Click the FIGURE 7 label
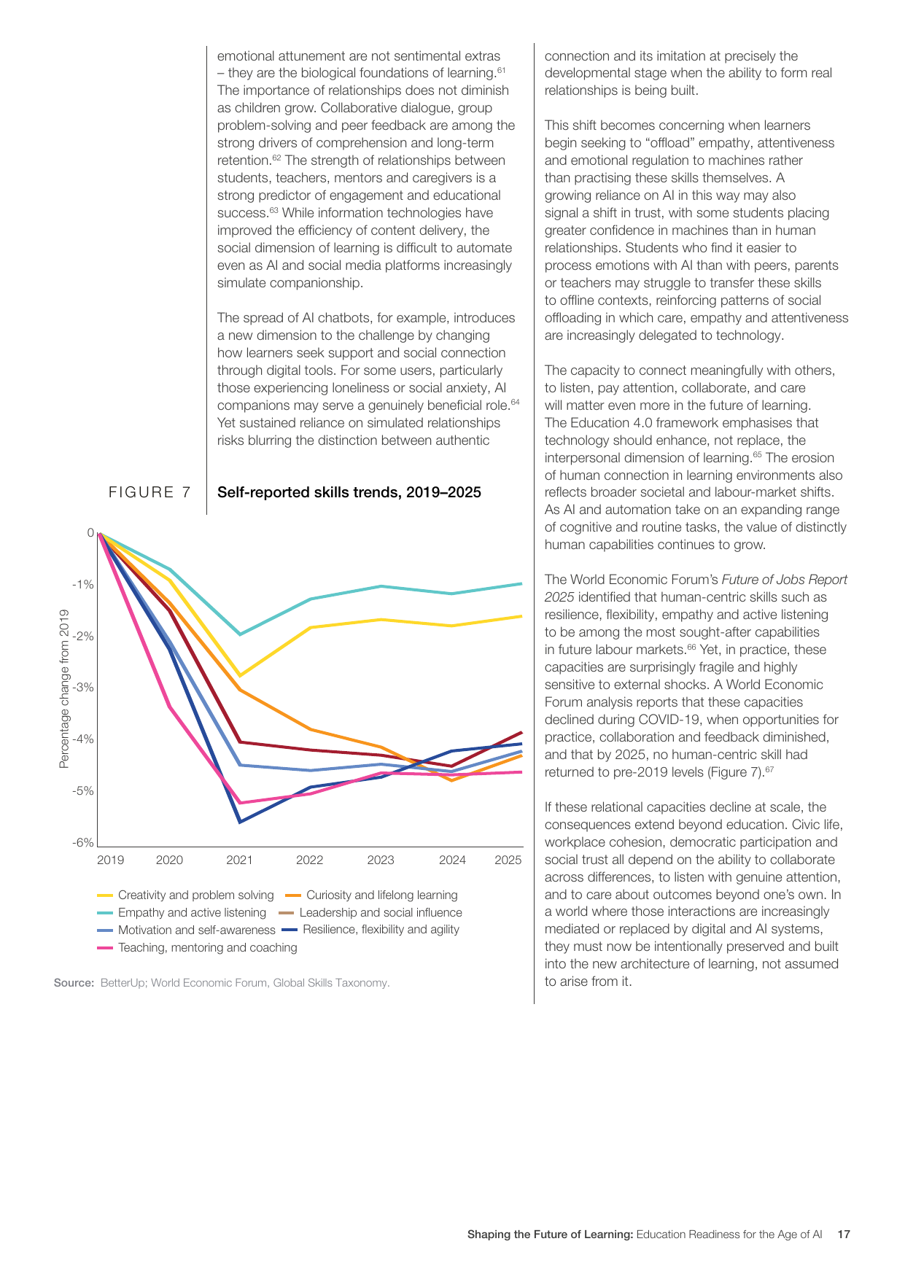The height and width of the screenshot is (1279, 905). [150, 493]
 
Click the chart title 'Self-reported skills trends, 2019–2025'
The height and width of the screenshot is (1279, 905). [349, 493]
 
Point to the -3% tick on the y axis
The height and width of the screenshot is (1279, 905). [82, 688]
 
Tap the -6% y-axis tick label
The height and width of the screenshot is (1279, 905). [82, 843]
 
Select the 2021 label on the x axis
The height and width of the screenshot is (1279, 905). [239, 860]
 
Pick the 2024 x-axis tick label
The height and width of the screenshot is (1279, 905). [452, 860]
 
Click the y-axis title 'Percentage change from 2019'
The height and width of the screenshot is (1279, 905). [64, 689]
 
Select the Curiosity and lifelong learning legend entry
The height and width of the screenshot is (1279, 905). [371, 895]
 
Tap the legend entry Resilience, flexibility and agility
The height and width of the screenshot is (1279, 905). [370, 930]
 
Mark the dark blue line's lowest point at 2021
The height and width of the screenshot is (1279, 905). [239, 822]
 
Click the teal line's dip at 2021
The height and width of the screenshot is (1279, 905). [240, 634]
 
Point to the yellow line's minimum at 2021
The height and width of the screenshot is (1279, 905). [240, 676]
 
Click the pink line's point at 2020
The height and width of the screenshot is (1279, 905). [170, 707]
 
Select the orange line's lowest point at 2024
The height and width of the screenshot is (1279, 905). [452, 780]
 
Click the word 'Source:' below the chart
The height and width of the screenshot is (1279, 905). [74, 983]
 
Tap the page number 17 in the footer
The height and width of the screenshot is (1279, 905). [844, 1235]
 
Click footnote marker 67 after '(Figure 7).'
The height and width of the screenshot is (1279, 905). [769, 769]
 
